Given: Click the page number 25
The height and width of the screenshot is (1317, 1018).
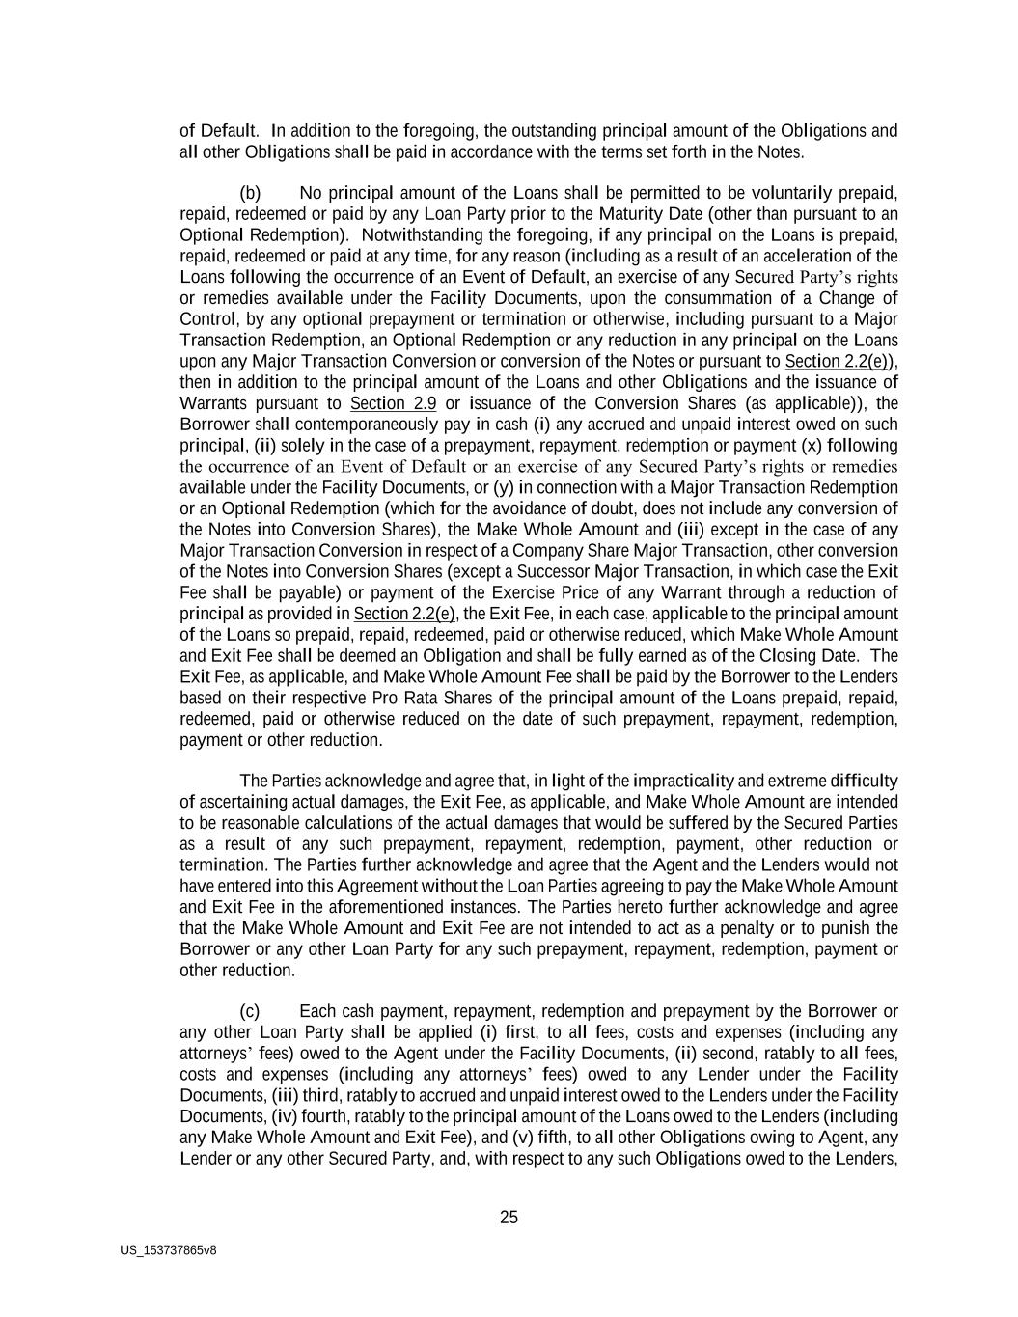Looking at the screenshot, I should tap(509, 1218).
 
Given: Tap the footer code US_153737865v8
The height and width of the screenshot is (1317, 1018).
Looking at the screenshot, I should tap(168, 1250).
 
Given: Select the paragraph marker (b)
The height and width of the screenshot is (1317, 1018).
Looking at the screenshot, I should tap(250, 193).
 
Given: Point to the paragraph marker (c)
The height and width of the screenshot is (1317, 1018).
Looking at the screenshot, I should tap(250, 1011).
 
